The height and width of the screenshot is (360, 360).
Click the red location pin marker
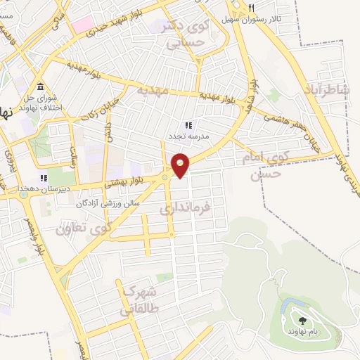click(x=181, y=165)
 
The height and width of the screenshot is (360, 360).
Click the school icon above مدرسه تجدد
click(x=188, y=124)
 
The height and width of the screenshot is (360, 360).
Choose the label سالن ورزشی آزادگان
click(x=109, y=203)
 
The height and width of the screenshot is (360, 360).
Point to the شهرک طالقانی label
click(x=141, y=298)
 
